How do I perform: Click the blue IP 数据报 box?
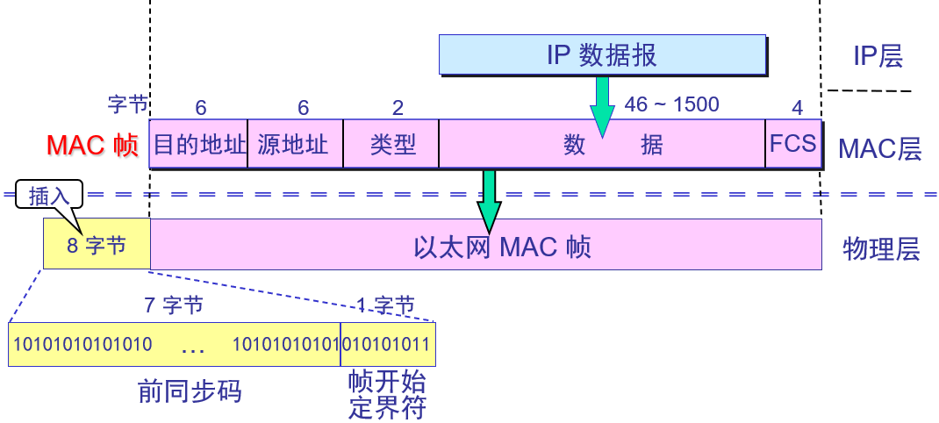[603, 55]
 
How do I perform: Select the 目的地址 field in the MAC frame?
[199, 144]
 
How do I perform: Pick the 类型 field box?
[391, 144]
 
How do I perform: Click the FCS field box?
[793, 144]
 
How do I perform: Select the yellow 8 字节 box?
[97, 244]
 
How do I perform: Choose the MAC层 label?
[879, 148]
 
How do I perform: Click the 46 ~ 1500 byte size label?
[671, 105]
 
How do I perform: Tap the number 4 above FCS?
[797, 108]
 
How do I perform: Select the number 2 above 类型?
[398, 108]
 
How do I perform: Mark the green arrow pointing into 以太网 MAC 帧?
[489, 200]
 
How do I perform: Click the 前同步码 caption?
[190, 391]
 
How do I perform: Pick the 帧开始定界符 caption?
[387, 395]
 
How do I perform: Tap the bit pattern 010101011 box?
[388, 344]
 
